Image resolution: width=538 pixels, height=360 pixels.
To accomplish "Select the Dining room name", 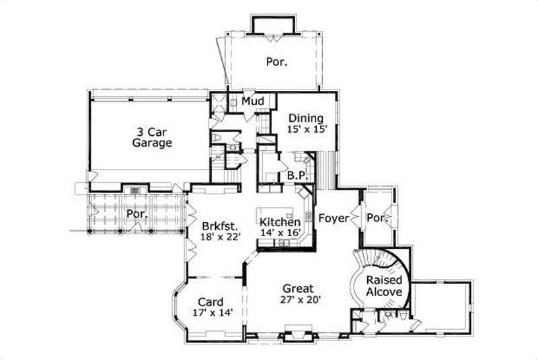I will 306,118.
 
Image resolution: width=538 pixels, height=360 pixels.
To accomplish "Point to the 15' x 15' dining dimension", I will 306,129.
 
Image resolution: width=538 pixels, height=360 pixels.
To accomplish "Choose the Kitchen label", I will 280,222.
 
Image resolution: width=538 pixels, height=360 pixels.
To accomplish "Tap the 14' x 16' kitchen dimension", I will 280,233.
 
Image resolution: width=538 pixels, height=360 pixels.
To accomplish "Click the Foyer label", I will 332,218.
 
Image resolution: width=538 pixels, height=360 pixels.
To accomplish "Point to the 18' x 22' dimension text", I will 219,237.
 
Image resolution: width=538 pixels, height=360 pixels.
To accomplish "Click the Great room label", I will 297,289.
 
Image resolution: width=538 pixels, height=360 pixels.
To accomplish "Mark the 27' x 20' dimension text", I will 297,299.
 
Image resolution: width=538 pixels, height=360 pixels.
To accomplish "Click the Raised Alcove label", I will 384,287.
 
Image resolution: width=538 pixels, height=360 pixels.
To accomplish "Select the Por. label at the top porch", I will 276,61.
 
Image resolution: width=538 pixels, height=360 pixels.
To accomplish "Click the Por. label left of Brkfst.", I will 137,214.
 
